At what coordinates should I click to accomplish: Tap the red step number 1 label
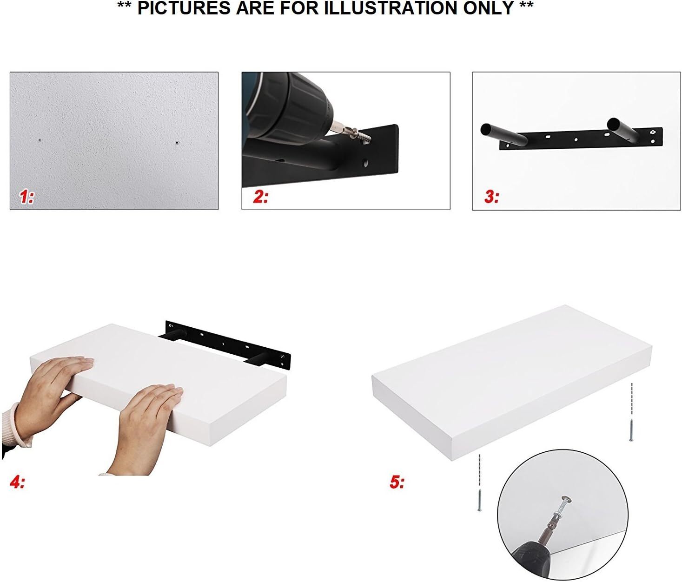pyautogui.click(x=26, y=197)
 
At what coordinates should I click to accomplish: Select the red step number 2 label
pyautogui.click(x=260, y=197)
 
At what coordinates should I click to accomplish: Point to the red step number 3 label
pyautogui.click(x=491, y=197)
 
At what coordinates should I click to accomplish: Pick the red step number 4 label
pyautogui.click(x=17, y=483)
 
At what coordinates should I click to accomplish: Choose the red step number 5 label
pyautogui.click(x=397, y=483)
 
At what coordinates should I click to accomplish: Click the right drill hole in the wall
pyautogui.click(x=177, y=143)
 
